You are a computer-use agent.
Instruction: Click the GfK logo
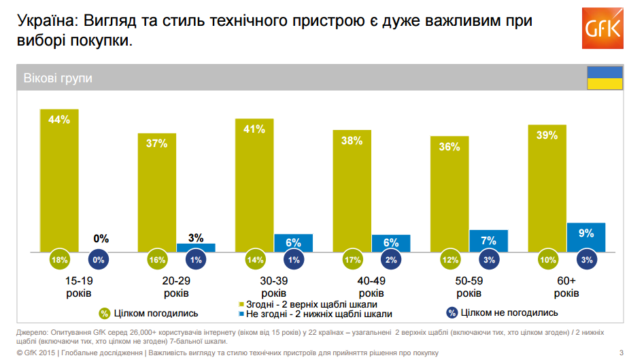(602, 29)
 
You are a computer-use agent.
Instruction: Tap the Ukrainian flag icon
(605, 78)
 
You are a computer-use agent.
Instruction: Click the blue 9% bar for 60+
(585, 238)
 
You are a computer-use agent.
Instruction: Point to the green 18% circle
(60, 260)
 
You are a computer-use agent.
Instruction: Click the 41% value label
(254, 129)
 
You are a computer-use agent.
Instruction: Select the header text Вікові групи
(58, 78)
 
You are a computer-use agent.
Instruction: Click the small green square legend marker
(241, 304)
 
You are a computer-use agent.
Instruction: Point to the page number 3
(621, 353)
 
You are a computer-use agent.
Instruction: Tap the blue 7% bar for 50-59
(488, 241)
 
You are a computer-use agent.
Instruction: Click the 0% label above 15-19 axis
(101, 239)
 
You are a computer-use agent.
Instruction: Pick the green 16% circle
(157, 260)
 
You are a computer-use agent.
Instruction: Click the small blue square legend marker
(241, 314)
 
